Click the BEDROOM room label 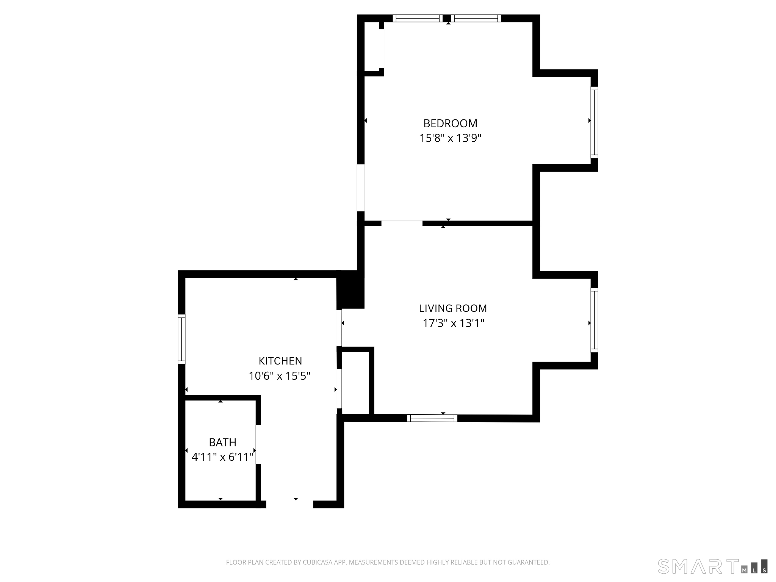[x=450, y=124]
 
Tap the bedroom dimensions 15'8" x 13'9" [x=450, y=138]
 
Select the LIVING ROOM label [x=453, y=308]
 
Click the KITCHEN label [x=280, y=361]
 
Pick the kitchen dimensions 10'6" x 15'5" [x=280, y=376]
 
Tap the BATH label [x=222, y=442]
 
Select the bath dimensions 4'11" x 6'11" [x=222, y=457]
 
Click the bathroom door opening [x=258, y=444]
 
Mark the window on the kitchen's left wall [x=181, y=339]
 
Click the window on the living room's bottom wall [x=432, y=418]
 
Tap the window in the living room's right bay [x=594, y=320]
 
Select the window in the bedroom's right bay [x=594, y=122]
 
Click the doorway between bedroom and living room [x=402, y=223]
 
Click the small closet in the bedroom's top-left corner [x=372, y=46]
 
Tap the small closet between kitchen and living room [x=355, y=383]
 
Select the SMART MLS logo [x=712, y=576]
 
